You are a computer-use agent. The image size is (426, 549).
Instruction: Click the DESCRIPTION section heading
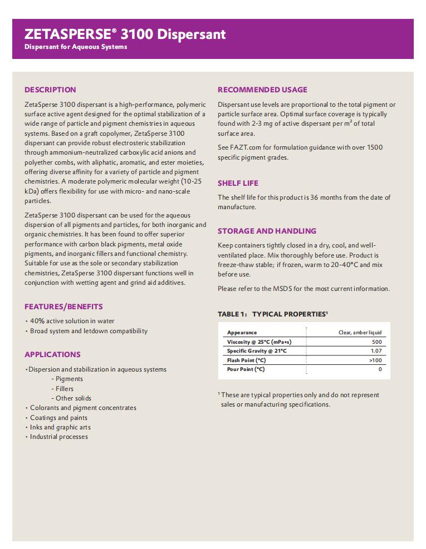click(50, 90)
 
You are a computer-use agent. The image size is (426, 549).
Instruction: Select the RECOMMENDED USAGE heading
click(262, 90)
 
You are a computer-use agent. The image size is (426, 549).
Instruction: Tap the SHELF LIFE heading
click(238, 183)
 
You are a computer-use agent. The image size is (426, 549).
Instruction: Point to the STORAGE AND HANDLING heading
click(267, 231)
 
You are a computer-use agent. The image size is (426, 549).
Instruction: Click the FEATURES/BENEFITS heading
click(63, 306)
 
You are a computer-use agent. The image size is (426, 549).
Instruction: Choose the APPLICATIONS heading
click(52, 354)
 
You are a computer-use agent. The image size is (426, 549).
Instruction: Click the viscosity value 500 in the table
click(376, 342)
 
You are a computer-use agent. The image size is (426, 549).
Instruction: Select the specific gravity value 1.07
click(376, 351)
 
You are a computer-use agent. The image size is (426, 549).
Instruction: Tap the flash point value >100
click(375, 360)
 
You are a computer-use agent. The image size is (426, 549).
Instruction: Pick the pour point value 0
click(380, 369)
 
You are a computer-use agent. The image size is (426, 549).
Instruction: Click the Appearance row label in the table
click(242, 333)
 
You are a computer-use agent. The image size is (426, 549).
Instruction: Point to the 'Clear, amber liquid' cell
click(360, 333)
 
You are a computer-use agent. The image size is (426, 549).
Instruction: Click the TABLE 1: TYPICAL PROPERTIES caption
click(272, 314)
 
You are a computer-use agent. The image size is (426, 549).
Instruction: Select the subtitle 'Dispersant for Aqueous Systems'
click(76, 47)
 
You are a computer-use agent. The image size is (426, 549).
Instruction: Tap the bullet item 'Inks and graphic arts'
click(60, 427)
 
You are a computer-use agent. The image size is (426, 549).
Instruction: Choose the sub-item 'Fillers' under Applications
click(64, 389)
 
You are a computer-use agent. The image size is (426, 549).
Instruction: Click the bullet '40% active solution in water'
click(72, 321)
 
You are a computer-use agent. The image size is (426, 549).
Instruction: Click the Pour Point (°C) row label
click(246, 369)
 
